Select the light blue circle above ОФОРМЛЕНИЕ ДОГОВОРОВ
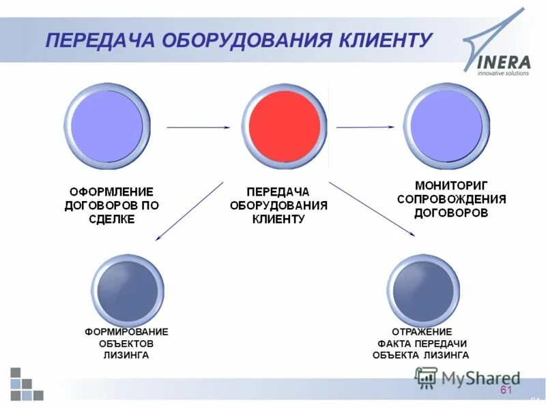click(107, 126)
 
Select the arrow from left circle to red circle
click(199, 127)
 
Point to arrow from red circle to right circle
click(365, 127)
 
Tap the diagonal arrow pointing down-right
click(372, 209)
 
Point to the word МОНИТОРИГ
click(451, 185)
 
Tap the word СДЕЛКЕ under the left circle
click(112, 219)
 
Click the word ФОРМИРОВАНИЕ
click(126, 331)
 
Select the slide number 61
click(506, 390)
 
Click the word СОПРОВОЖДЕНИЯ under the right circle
click(451, 199)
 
